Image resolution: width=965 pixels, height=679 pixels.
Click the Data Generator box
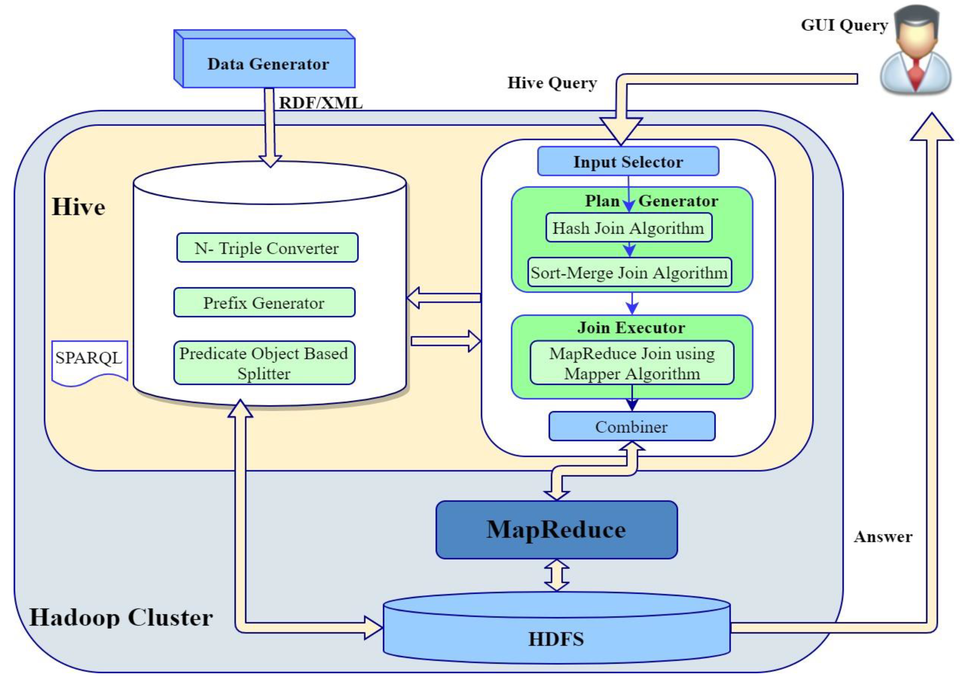click(x=268, y=64)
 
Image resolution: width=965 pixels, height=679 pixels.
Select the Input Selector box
click(x=628, y=162)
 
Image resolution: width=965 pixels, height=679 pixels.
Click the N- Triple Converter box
click(x=267, y=248)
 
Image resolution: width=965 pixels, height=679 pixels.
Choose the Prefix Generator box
click(x=264, y=303)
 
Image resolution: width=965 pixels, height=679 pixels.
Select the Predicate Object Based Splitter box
click(x=264, y=363)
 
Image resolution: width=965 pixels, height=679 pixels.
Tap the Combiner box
click(x=631, y=427)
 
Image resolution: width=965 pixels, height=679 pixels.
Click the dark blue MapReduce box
click(x=556, y=529)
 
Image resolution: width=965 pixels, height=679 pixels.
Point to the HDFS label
click(x=556, y=639)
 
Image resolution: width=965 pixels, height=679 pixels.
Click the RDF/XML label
click(x=321, y=103)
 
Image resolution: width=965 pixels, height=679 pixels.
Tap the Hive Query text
click(x=552, y=83)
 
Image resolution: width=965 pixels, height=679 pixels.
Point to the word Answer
click(x=883, y=537)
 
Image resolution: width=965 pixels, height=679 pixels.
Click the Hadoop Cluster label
click(x=121, y=617)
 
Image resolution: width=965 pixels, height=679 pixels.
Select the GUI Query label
click(x=844, y=25)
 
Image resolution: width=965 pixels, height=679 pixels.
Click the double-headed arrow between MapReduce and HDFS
click(x=556, y=575)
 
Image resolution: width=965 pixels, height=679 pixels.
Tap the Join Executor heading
click(x=631, y=327)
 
